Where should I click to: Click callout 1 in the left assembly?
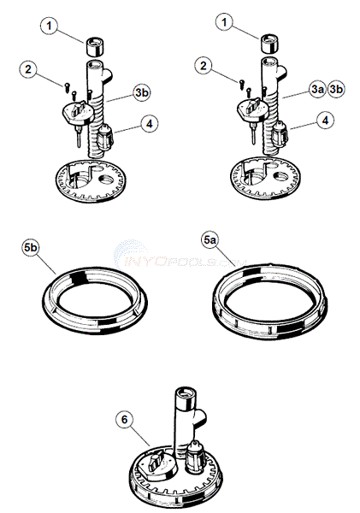click(x=49, y=26)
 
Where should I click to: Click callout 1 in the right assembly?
click(x=224, y=22)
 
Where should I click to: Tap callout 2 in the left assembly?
click(x=28, y=69)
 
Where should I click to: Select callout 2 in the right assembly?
click(x=204, y=66)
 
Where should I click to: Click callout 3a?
click(x=317, y=89)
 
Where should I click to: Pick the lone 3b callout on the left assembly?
click(x=142, y=92)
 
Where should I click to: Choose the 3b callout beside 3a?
click(x=336, y=89)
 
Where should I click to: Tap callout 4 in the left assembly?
click(x=150, y=124)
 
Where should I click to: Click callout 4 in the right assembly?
click(x=325, y=121)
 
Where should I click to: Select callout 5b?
click(x=31, y=247)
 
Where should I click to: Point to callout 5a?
click(x=210, y=240)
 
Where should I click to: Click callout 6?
click(x=124, y=420)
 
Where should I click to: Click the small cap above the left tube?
click(x=94, y=46)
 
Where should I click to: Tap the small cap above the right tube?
click(x=269, y=43)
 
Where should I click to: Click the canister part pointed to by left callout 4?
click(x=105, y=137)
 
